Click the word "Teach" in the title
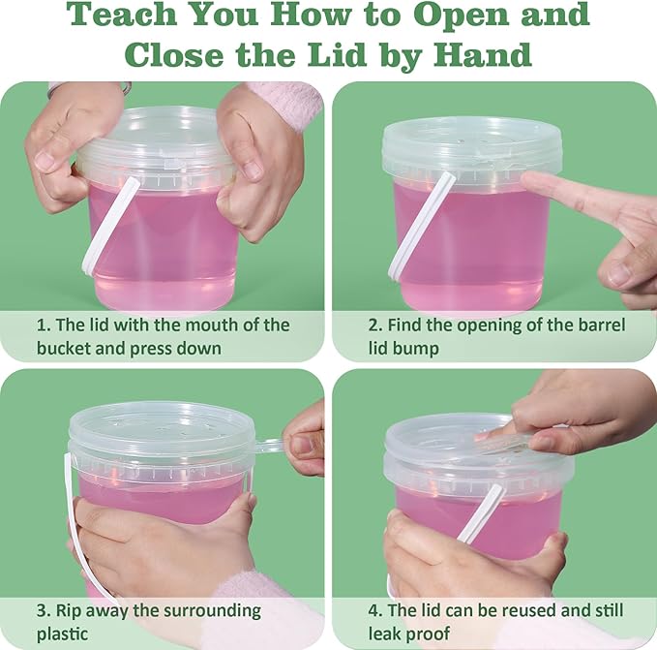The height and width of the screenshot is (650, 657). tap(122, 15)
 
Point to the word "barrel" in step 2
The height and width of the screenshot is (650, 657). tap(601, 325)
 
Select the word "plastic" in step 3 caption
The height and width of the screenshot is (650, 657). tap(62, 635)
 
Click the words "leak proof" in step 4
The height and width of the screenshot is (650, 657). tap(409, 634)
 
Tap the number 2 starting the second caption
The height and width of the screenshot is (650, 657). tap(373, 325)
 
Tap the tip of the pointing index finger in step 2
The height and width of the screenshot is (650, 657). tap(525, 180)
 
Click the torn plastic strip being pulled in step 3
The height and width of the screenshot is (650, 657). tap(269, 446)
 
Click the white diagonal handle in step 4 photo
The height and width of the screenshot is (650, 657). tap(480, 513)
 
